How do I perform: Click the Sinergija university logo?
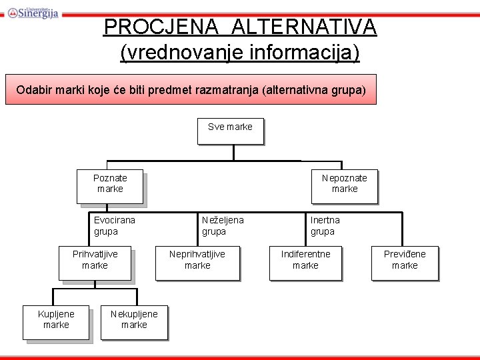33,11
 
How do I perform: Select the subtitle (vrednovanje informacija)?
240,52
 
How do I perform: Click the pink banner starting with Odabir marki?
191,89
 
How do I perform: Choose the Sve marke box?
230,131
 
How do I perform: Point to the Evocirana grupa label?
114,225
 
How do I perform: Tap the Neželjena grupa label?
223,225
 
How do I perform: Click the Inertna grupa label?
325,225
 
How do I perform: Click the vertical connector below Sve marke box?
233,152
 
